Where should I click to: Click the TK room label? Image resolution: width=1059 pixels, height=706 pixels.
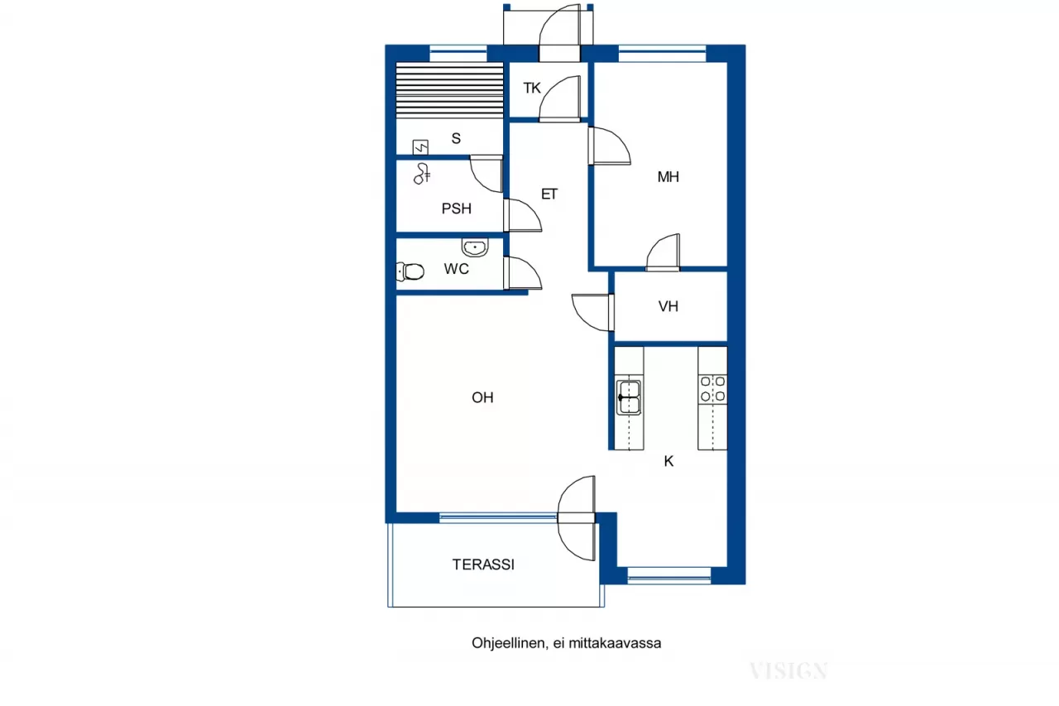click(x=531, y=87)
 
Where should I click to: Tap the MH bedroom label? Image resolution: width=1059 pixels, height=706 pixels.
click(x=668, y=176)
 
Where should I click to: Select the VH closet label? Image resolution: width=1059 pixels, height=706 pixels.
click(x=668, y=306)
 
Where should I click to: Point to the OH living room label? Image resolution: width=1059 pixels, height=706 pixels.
click(x=482, y=398)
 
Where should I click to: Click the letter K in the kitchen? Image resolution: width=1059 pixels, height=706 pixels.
click(x=668, y=462)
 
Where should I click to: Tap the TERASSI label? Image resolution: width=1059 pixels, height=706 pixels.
click(x=483, y=564)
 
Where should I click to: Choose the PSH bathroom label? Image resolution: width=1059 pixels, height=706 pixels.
click(x=456, y=209)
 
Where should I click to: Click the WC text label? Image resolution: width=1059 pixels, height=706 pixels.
click(x=457, y=269)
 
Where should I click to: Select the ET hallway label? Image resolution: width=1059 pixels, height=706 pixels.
click(x=549, y=195)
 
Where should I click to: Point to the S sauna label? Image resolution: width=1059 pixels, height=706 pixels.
click(x=456, y=139)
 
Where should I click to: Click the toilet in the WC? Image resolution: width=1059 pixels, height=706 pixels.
click(x=411, y=271)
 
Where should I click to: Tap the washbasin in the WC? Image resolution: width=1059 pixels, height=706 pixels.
click(x=475, y=247)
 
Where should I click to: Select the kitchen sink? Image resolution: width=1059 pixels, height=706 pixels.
click(x=629, y=397)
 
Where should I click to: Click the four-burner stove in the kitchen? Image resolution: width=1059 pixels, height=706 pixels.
click(x=712, y=389)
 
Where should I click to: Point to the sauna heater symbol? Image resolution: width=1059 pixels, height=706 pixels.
click(x=421, y=147)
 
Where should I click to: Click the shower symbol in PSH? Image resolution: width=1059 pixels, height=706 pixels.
click(x=424, y=173)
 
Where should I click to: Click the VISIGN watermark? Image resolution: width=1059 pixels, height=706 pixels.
click(x=788, y=670)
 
